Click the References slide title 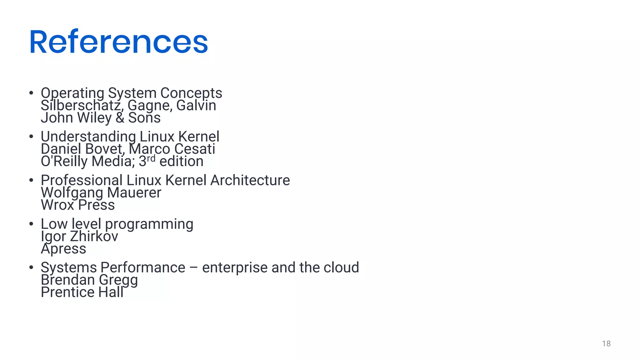pyautogui.click(x=118, y=42)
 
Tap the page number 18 pyautogui.click(x=606, y=344)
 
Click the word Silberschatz pyautogui.click(x=80, y=106)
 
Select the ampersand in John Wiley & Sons pyautogui.click(x=120, y=118)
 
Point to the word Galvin pyautogui.click(x=196, y=105)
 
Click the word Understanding pyautogui.click(x=88, y=137)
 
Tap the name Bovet pyautogui.click(x=105, y=149)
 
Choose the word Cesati pyautogui.click(x=194, y=149)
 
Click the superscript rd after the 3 pyautogui.click(x=151, y=158)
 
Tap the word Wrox pyautogui.click(x=57, y=205)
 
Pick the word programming pyautogui.click(x=149, y=224)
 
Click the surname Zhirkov pyautogui.click(x=94, y=236)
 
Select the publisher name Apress pyautogui.click(x=63, y=249)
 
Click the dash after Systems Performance pyautogui.click(x=193, y=268)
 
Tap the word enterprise pyautogui.click(x=235, y=268)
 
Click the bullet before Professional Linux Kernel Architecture pyautogui.click(x=31, y=180)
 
